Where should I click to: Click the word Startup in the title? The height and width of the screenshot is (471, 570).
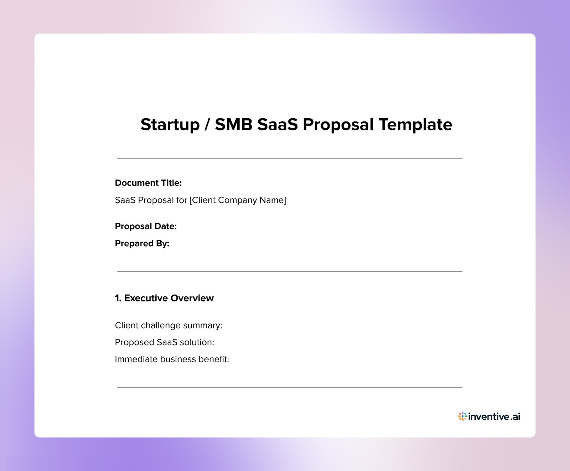170,125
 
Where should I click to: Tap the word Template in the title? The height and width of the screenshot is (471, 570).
415,125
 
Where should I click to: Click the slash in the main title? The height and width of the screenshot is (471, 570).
207,125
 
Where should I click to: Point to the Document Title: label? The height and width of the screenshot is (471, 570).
148,183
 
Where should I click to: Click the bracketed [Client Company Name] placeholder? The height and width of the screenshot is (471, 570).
238,200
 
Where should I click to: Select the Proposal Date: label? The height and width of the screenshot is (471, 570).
146,226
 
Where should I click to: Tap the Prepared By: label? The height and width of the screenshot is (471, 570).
142,244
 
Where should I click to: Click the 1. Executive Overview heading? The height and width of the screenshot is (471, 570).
164,298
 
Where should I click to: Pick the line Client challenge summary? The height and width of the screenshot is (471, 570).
169,326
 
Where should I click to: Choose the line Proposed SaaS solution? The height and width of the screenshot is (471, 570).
164,342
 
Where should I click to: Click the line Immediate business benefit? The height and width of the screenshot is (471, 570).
172,359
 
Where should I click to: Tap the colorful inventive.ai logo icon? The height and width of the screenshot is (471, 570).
462,416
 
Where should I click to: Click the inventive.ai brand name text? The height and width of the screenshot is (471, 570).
494,416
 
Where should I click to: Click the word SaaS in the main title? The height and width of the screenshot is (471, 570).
277,124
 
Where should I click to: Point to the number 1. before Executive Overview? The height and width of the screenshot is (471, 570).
118,298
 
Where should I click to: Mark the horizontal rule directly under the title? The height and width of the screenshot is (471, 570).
290,158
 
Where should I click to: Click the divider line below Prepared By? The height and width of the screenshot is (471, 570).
290,271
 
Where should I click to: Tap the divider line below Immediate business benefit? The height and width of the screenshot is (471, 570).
290,387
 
